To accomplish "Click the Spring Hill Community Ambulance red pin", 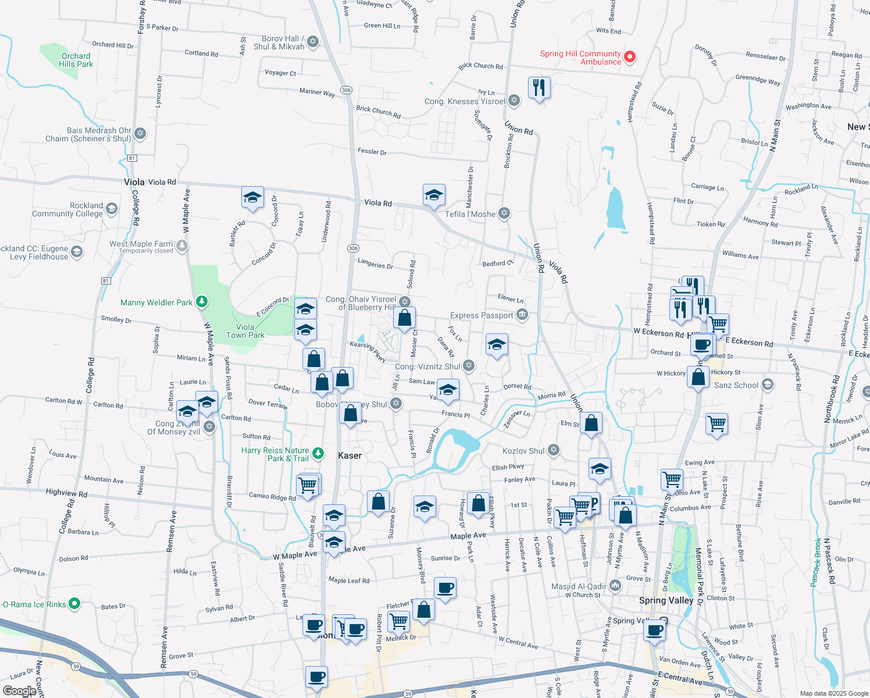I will click(x=629, y=57).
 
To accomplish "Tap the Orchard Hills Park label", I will click(x=76, y=60).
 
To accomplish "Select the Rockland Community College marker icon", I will click(x=112, y=208).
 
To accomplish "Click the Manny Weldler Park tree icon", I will click(x=201, y=301).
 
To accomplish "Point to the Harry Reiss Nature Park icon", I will click(x=318, y=453).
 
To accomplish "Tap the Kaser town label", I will click(x=350, y=455).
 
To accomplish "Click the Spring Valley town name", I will click(x=666, y=600).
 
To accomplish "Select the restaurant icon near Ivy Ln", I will click(x=539, y=88).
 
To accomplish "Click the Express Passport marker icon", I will click(x=522, y=315).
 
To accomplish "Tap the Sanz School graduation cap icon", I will click(x=768, y=384).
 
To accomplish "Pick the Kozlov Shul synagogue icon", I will click(x=554, y=450).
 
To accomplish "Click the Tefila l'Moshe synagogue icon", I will click(x=504, y=213).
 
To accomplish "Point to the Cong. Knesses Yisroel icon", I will click(x=514, y=101).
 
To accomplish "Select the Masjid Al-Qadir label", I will click(x=578, y=586).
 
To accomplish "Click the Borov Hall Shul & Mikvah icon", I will click(x=313, y=41).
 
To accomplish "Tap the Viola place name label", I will click(x=134, y=182).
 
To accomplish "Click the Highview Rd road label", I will click(x=66, y=493).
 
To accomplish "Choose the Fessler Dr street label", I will click(x=372, y=152).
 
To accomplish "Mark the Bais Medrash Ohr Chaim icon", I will click(x=140, y=133).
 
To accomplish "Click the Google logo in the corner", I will click(x=19, y=691).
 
